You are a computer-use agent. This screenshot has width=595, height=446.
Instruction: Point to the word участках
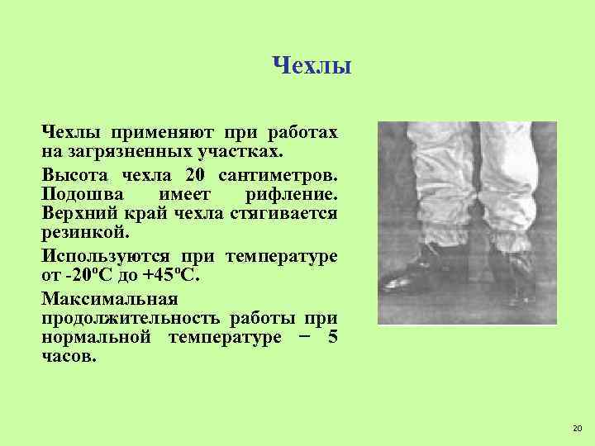click(x=240, y=153)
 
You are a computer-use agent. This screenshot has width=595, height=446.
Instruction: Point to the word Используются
click(x=99, y=255)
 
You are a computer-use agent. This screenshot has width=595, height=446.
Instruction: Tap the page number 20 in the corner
click(x=576, y=427)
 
